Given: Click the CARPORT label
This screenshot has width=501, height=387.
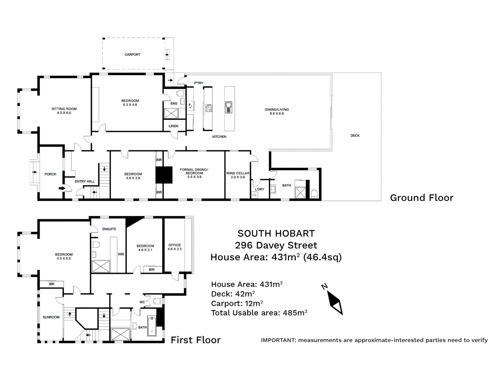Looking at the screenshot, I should (132, 55).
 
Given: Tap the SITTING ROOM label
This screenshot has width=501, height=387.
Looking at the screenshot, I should (64, 109).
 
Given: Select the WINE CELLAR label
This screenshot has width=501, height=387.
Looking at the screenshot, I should (238, 173).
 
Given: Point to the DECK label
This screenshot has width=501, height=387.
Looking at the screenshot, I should (355, 136).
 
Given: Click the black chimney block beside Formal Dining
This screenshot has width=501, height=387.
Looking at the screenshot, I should (164, 175).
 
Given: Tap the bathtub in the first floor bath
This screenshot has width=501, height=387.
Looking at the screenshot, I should (152, 326).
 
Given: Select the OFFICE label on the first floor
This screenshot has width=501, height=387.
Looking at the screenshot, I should (174, 245).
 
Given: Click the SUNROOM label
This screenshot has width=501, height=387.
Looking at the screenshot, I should (51, 317).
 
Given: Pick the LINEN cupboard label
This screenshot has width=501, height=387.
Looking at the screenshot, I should (173, 126).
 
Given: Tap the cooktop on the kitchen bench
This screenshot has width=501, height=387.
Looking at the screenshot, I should (209, 108).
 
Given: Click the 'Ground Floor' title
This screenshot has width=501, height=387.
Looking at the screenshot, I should (422, 198).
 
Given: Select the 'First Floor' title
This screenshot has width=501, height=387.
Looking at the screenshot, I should (196, 340).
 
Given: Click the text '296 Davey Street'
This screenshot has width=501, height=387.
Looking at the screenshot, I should (276, 245).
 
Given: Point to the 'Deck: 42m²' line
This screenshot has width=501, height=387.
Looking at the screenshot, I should (233, 294).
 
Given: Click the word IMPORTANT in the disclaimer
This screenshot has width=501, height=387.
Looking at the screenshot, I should (278, 340).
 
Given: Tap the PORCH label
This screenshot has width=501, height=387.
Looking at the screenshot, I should (51, 174).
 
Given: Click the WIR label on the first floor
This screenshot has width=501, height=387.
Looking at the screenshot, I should (121, 254).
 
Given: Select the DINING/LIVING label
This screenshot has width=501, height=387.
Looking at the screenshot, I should (277, 110).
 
